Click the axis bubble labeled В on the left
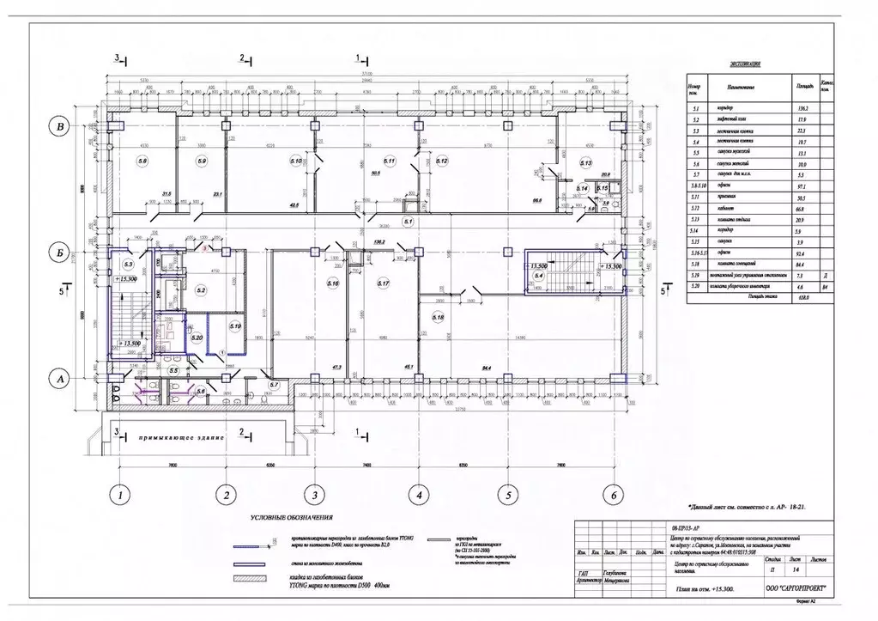coord(59,128)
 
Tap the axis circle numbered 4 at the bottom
coord(418,496)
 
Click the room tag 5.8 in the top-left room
coord(143,161)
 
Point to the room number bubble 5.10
coord(297,161)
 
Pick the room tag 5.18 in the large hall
coord(439,317)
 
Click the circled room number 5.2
coord(201,291)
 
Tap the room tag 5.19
coord(234,327)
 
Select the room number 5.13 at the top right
coord(586,162)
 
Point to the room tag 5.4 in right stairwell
coord(539,277)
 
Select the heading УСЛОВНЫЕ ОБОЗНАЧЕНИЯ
coord(292,519)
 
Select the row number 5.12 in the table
coord(695,208)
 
